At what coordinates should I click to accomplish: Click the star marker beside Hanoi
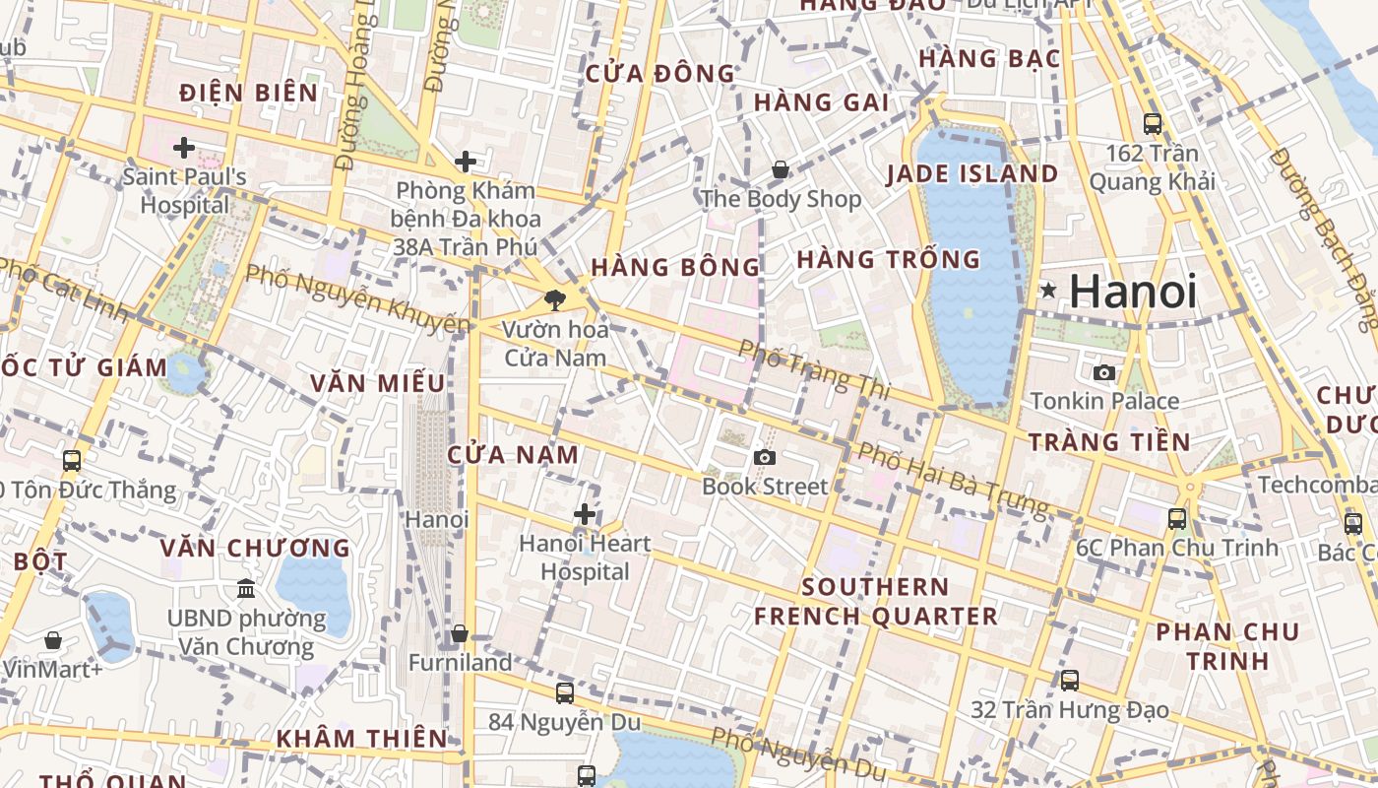point(1049,291)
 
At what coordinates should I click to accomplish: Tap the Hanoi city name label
point(1133,292)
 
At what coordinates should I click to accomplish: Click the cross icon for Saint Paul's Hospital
point(184,149)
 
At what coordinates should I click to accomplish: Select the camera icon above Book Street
point(764,457)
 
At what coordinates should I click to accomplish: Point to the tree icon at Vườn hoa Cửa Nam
point(555,299)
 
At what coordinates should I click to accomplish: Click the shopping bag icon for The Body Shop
point(781,169)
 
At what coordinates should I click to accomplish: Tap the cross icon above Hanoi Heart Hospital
point(585,514)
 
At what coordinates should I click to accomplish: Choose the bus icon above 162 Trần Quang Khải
point(1153,124)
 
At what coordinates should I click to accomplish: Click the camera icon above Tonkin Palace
point(1104,372)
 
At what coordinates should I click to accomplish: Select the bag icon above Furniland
point(460,634)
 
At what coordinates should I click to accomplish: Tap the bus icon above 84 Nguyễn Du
point(564,692)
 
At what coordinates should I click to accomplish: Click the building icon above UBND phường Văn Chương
point(246,589)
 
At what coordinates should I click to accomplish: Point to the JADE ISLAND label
point(972,174)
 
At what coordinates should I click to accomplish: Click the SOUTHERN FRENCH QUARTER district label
point(875,602)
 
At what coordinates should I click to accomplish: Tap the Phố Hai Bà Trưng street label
point(953,479)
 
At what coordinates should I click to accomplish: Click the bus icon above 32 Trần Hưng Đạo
point(1070,680)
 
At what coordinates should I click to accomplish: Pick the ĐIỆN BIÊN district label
point(249,94)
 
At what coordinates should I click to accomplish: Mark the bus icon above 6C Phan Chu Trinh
point(1177,518)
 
